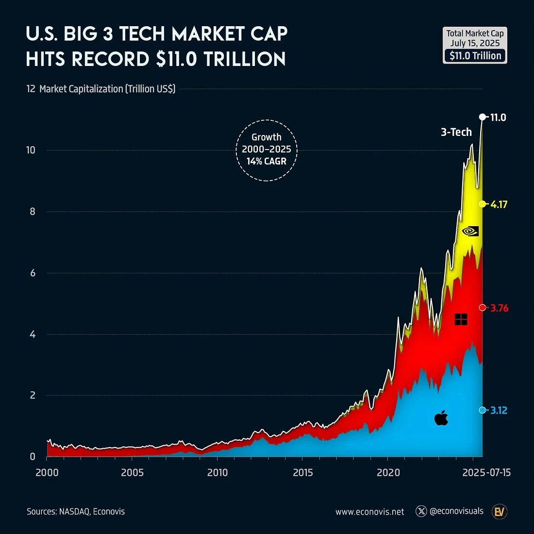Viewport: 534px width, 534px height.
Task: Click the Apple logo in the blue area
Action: tap(441, 417)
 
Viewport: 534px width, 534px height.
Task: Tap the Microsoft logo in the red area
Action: tap(461, 319)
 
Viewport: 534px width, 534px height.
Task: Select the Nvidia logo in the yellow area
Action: tap(470, 231)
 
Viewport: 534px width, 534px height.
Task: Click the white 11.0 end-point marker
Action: tap(482, 117)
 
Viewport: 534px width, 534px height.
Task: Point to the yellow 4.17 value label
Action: tap(499, 204)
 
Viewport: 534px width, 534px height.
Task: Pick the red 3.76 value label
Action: tap(499, 308)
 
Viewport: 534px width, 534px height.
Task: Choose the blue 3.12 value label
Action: tap(499, 410)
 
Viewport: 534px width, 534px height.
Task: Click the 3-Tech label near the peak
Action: tap(456, 132)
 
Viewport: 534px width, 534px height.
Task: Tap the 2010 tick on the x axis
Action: tap(217, 472)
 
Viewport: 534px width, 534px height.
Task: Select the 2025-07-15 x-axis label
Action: tap(486, 472)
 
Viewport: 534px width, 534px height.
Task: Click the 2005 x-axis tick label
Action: tap(132, 472)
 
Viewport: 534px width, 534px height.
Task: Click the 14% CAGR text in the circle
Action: tap(267, 161)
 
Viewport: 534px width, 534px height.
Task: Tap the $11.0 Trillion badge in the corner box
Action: tap(475, 56)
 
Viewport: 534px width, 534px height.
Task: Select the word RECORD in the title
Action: tap(112, 59)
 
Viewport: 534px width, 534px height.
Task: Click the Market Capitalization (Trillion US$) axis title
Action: tap(107, 89)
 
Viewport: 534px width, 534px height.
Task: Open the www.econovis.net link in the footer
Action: tap(369, 512)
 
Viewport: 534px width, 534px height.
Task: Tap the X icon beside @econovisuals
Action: tap(421, 511)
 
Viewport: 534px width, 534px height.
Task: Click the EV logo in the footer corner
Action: tap(500, 511)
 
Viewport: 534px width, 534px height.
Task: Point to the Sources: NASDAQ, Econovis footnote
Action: tap(76, 511)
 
